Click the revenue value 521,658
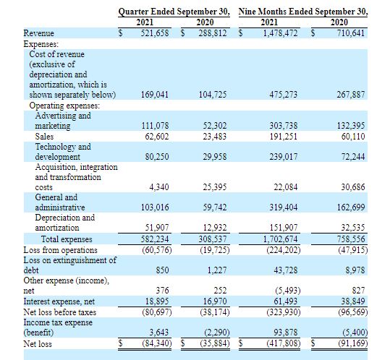(155, 33)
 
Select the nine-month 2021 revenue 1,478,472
(280, 33)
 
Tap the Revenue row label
(38, 33)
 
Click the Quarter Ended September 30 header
(174, 12)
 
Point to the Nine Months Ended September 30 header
(303, 12)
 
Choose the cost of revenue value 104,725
(213, 95)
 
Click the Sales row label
(44, 137)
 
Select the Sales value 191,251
(284, 137)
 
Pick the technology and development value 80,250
(157, 157)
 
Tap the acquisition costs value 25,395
(215, 187)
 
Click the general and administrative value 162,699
(351, 207)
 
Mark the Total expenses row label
(67, 239)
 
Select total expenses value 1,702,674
(280, 239)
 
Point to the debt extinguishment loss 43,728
(286, 270)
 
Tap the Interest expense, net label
(59, 301)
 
